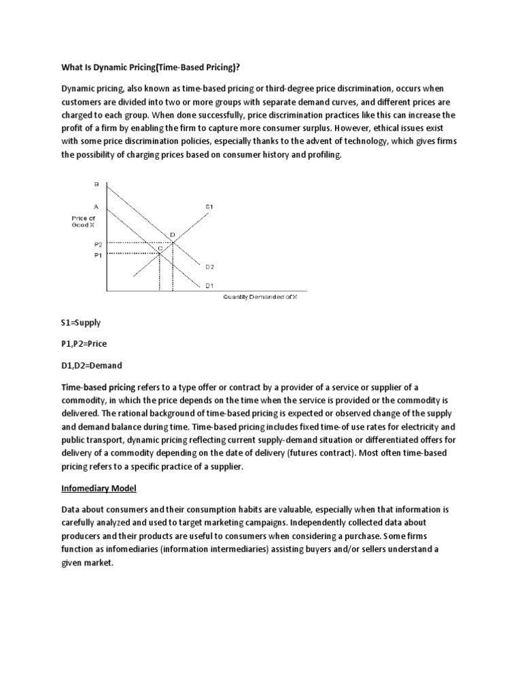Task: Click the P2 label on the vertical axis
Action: (97, 243)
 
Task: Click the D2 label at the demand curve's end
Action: (210, 267)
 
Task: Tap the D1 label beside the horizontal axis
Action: (210, 286)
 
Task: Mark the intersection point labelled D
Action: (172, 235)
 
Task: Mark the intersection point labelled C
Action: (160, 249)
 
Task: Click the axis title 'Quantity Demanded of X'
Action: (260, 297)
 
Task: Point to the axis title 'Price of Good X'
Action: (84, 221)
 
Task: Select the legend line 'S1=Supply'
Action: (81, 323)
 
